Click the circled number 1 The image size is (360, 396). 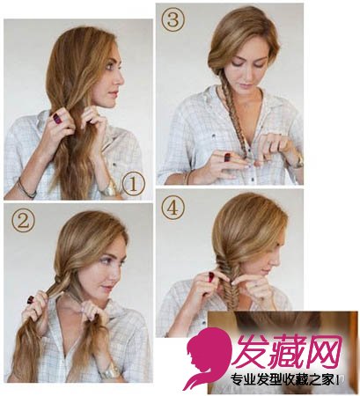(133, 184)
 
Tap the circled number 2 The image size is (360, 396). (23, 222)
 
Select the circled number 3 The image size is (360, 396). (173, 20)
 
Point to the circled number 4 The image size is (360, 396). (173, 208)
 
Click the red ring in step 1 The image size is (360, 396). (56, 118)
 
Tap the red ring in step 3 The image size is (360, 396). (227, 158)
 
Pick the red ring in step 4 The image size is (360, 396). (211, 275)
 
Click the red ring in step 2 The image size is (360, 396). (31, 299)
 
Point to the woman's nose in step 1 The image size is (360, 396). (121, 78)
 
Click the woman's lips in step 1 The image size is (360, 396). (114, 94)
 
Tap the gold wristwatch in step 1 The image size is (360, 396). (109, 190)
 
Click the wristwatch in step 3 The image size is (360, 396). (298, 160)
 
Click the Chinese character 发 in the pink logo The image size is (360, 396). (253, 352)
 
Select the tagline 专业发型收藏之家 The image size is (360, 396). (283, 380)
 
